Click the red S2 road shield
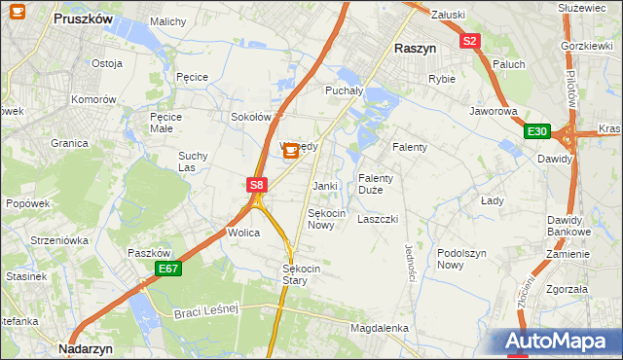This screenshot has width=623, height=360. click(x=470, y=41)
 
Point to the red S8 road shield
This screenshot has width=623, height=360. click(x=255, y=184)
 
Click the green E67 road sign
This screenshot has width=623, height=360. click(x=167, y=269)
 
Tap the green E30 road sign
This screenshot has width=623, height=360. click(x=537, y=131)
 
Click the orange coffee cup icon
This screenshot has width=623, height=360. click(x=291, y=151)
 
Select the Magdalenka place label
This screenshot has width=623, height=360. click(x=380, y=329)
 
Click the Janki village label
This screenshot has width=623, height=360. click(x=324, y=186)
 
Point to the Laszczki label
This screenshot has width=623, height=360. click(x=378, y=220)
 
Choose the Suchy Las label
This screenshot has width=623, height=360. click(x=192, y=161)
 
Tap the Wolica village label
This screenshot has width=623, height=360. click(x=242, y=234)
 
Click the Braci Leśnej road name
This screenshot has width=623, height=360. click(x=206, y=312)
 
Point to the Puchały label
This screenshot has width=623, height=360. click(x=343, y=90)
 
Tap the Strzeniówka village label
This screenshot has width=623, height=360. click(x=59, y=239)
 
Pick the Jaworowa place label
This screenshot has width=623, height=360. click(x=493, y=111)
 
